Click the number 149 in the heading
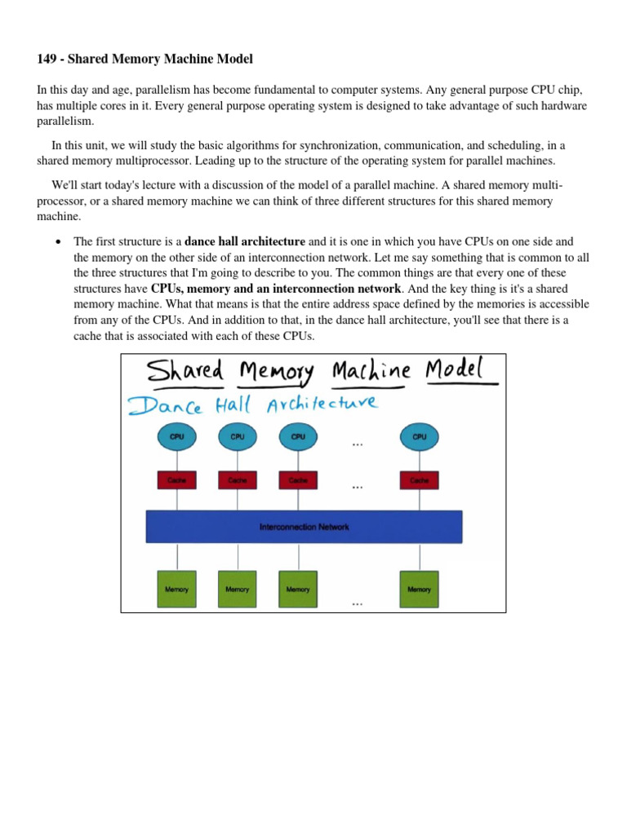pyautogui.click(x=47, y=59)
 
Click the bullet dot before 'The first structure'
pyautogui.click(x=57, y=242)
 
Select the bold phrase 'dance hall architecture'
pyautogui.click(x=245, y=241)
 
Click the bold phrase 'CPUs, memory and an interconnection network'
pyautogui.click(x=276, y=289)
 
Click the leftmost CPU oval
pyautogui.click(x=176, y=437)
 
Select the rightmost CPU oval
pyautogui.click(x=420, y=437)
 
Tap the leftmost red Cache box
pyautogui.click(x=176, y=481)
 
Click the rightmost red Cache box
pyautogui.click(x=420, y=481)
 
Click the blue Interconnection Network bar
pyautogui.click(x=304, y=527)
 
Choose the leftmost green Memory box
pyautogui.click(x=176, y=589)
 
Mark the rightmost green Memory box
pyautogui.click(x=420, y=589)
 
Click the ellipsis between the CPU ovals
pyautogui.click(x=357, y=445)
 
